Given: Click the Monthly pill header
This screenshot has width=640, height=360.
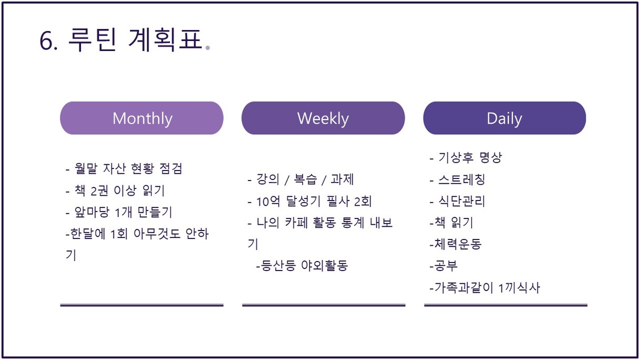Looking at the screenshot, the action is click(142, 118).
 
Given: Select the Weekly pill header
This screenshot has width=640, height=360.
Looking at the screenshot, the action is click(323, 118).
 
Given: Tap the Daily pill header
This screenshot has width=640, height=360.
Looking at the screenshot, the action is click(505, 118).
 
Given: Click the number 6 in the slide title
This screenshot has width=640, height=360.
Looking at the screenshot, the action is click(46, 41).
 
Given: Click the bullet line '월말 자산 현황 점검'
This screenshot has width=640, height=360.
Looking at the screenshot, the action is click(124, 168).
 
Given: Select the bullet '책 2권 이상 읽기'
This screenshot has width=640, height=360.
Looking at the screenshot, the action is click(115, 191).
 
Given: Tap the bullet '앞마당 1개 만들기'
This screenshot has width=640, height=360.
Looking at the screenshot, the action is click(119, 212).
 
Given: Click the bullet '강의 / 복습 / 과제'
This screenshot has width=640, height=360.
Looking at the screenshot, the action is click(301, 179).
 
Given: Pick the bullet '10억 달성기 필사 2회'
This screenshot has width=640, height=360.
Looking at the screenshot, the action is click(309, 201).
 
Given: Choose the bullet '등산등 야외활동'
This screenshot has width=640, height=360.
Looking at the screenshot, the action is click(302, 266).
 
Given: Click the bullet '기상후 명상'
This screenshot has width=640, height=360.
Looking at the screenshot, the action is click(466, 157).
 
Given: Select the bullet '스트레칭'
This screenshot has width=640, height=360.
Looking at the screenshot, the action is click(457, 179).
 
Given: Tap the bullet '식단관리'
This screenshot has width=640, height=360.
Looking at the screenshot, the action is click(457, 201).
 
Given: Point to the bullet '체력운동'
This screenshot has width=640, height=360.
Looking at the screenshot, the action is click(456, 244).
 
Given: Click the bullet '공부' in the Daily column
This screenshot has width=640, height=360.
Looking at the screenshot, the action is click(444, 266).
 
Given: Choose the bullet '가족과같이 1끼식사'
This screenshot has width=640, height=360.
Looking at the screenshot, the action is click(485, 287).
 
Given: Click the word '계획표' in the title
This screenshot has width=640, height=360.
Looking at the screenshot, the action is click(165, 39).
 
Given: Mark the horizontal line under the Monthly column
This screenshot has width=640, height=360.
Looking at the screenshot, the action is click(142, 305).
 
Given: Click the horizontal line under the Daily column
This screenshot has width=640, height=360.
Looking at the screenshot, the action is click(506, 305).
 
